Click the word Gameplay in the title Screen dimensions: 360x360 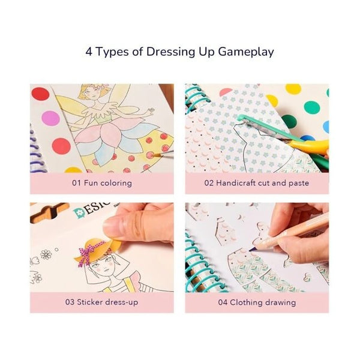(246, 52)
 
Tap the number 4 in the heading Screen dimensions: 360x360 (89, 52)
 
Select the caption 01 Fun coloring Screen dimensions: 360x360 (102, 183)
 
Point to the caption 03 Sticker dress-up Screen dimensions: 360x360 (102, 302)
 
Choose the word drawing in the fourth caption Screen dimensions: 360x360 (280, 302)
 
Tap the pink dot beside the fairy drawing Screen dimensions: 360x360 (50, 118)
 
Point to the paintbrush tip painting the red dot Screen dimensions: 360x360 (154, 155)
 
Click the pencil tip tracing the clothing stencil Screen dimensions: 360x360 (250, 250)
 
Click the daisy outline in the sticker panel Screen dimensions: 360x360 (46, 254)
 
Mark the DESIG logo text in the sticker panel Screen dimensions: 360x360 (92, 210)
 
